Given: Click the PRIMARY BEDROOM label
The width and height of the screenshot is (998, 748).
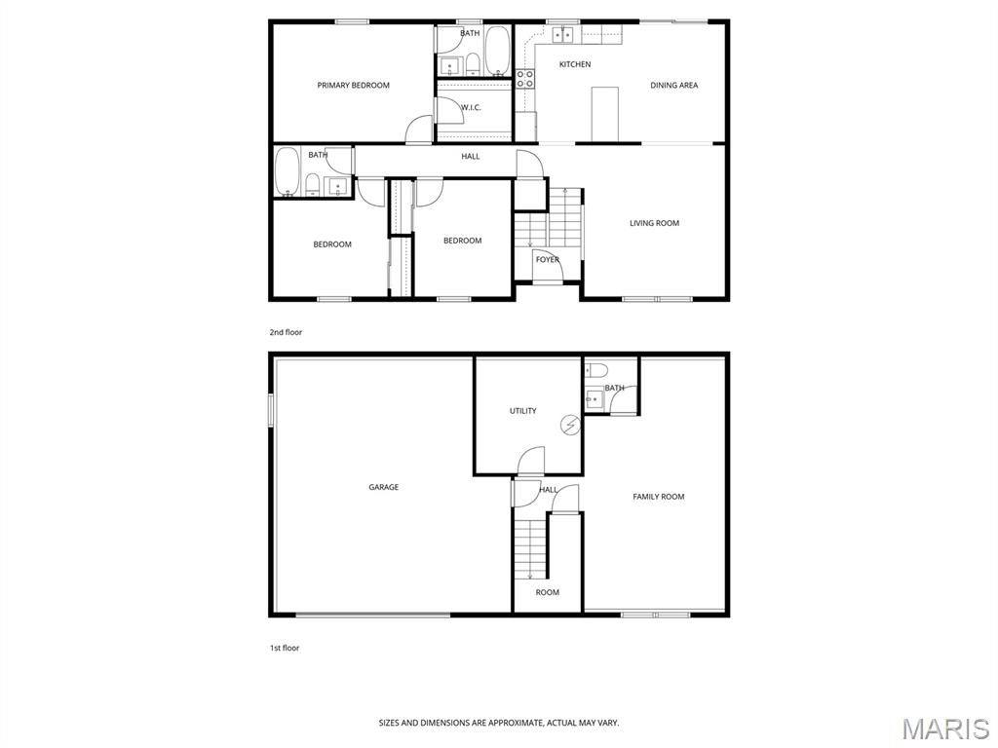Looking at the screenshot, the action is pyautogui.click(x=353, y=86).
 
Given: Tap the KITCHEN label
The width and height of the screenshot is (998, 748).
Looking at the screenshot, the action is pyautogui.click(x=575, y=64).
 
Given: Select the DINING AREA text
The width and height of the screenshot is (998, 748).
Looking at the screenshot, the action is pyautogui.click(x=674, y=86).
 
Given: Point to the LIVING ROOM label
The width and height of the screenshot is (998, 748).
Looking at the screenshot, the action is pyautogui.click(x=654, y=223).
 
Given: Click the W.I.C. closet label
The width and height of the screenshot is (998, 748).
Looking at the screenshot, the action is pyautogui.click(x=471, y=107).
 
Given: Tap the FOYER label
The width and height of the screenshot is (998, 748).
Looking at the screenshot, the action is pyautogui.click(x=548, y=259).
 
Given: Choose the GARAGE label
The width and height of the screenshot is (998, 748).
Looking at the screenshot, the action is pyautogui.click(x=384, y=487).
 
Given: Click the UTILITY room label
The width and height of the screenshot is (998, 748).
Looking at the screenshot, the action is pyautogui.click(x=523, y=411).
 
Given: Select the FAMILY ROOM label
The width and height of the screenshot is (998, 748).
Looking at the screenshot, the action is pyautogui.click(x=659, y=497).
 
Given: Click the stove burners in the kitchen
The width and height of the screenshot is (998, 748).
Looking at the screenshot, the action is pyautogui.click(x=525, y=78).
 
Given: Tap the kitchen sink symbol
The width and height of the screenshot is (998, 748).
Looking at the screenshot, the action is pyautogui.click(x=562, y=35).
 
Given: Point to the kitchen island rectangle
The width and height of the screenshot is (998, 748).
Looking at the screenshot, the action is pyautogui.click(x=604, y=115).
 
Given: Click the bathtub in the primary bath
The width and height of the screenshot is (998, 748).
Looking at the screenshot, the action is pyautogui.click(x=498, y=51).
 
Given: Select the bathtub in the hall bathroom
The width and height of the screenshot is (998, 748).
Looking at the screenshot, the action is pyautogui.click(x=288, y=171).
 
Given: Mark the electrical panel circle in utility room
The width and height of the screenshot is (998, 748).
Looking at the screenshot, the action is pyautogui.click(x=570, y=425).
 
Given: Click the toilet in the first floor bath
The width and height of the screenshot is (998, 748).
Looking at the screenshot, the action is pyautogui.click(x=596, y=369).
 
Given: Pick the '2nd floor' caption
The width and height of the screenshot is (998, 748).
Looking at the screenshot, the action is pyautogui.click(x=286, y=332).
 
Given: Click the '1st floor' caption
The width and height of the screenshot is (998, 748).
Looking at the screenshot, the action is pyautogui.click(x=284, y=648).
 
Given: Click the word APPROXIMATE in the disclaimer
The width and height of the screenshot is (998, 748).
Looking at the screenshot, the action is pyautogui.click(x=511, y=724).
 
